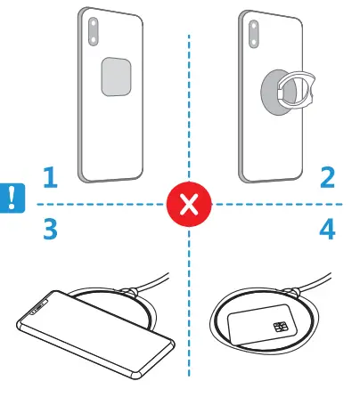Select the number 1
click(x=50, y=178)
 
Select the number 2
click(x=327, y=178)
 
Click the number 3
click(x=50, y=230)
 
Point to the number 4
click(x=327, y=230)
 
